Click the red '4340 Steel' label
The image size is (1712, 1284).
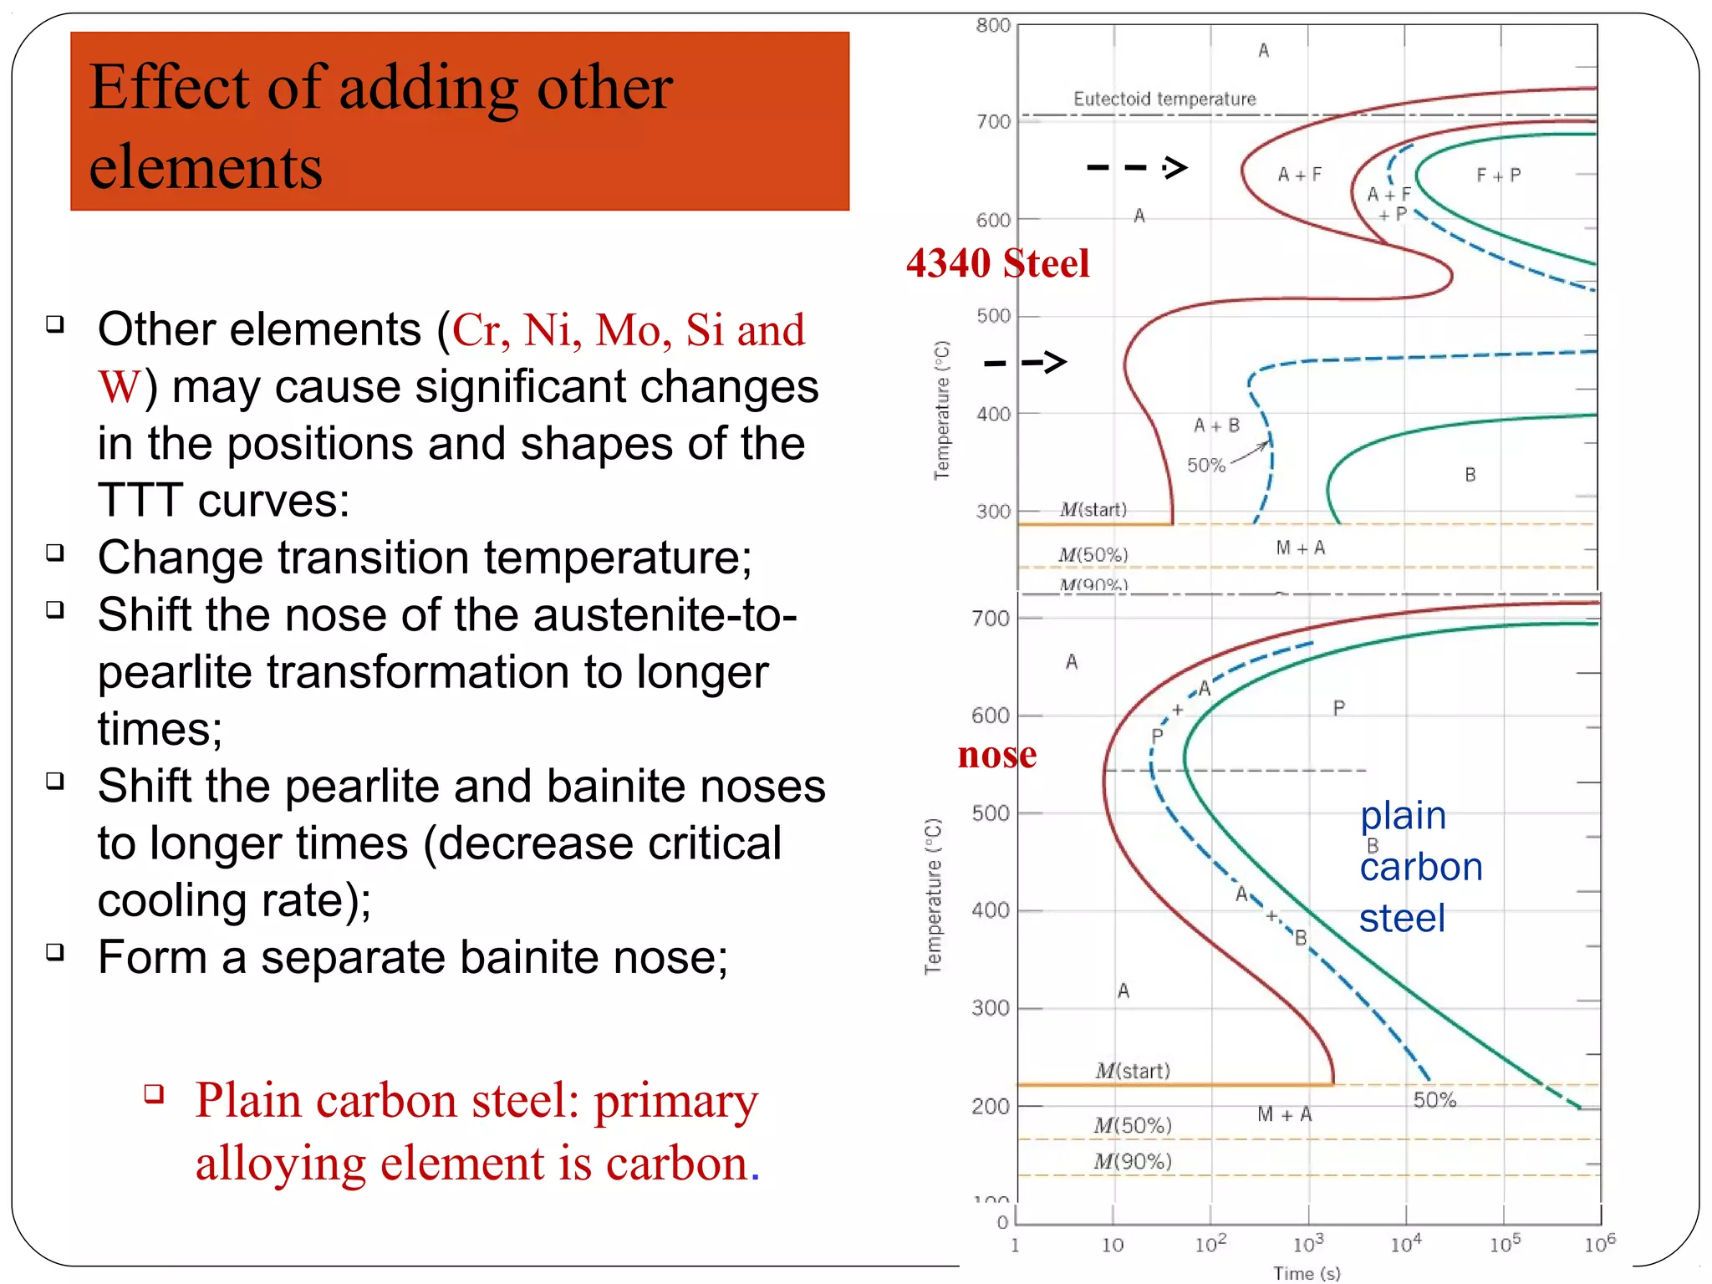coord(997,263)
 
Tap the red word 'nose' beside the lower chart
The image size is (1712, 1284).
coord(996,755)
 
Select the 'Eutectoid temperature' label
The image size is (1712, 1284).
coord(1164,99)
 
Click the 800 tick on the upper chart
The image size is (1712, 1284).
coord(993,26)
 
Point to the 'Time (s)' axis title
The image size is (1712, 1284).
coord(1307,1273)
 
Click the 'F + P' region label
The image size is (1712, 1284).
coord(1498,176)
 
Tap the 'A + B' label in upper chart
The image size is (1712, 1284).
coord(1216,425)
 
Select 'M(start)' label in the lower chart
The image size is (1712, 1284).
coord(1133,1071)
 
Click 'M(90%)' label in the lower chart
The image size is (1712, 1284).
coord(1133,1161)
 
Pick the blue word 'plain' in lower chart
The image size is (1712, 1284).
coord(1403,816)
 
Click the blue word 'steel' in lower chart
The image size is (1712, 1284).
coord(1402,919)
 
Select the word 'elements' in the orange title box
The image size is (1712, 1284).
coord(206,167)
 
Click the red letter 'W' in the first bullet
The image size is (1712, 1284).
coord(119,387)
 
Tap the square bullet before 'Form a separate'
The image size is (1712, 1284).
coord(55,952)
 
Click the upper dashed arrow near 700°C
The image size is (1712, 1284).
coord(1137,168)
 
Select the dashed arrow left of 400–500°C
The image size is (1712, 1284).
coord(1025,363)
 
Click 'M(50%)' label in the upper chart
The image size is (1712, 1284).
coord(1093,555)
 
